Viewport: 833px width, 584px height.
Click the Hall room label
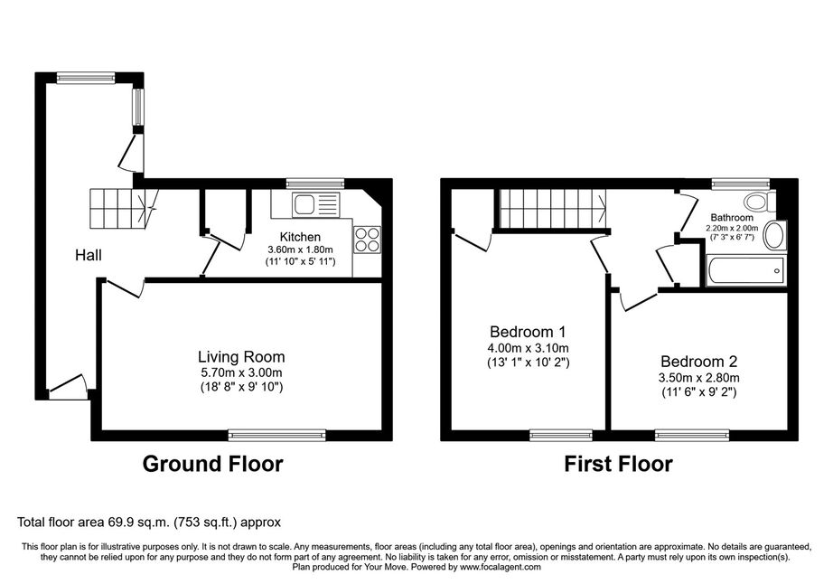coord(89,255)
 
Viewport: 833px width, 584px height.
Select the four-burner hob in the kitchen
coord(367,239)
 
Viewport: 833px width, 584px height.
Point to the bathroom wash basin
coord(775,235)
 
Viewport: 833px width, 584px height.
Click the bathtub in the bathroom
coord(746,271)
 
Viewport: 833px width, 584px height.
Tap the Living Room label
coord(241,356)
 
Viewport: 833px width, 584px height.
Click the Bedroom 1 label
coord(528,332)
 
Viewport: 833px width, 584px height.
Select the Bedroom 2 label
coord(698,362)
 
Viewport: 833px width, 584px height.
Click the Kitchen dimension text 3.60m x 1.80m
coord(300,250)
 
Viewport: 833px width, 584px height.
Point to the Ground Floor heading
coord(212,464)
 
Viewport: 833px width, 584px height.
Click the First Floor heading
coord(618,464)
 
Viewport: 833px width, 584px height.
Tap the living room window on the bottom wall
coord(277,435)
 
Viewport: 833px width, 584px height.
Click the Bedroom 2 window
coord(692,435)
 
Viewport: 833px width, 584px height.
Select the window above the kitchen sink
coord(315,184)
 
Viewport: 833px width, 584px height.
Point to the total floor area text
coord(149,522)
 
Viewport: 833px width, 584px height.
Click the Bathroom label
coord(732,217)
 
